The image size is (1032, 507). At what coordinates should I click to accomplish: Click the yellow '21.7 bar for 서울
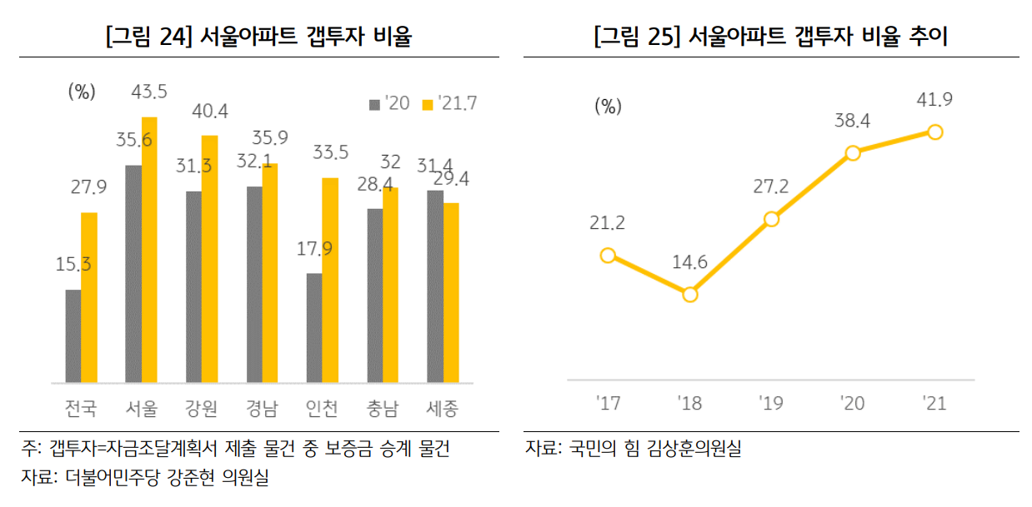pos(149,250)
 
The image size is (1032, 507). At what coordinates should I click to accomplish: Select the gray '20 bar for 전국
pos(73,336)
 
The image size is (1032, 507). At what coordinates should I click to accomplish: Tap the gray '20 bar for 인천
pos(314,328)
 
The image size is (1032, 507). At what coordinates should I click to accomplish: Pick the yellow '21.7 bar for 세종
pos(451,293)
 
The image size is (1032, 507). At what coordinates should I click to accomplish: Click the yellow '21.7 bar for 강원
pos(209,259)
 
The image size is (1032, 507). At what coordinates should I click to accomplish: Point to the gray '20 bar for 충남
pos(375,296)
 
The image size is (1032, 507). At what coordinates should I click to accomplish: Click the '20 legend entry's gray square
pos(374,104)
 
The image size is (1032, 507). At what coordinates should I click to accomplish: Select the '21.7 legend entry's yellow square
pos(428,104)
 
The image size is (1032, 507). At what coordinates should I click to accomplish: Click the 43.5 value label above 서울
pos(149,91)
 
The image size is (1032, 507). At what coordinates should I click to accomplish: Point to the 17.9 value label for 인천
pos(314,248)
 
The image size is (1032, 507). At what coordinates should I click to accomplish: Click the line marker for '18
pos(689,295)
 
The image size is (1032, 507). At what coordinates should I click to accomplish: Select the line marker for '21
pos(934,132)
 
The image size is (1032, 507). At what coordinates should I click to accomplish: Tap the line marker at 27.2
pos(771,219)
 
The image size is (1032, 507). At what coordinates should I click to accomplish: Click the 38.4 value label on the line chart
pos(852,122)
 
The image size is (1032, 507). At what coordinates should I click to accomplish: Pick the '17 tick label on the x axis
pos(609,404)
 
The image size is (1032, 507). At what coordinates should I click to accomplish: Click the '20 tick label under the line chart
pos(853,404)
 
